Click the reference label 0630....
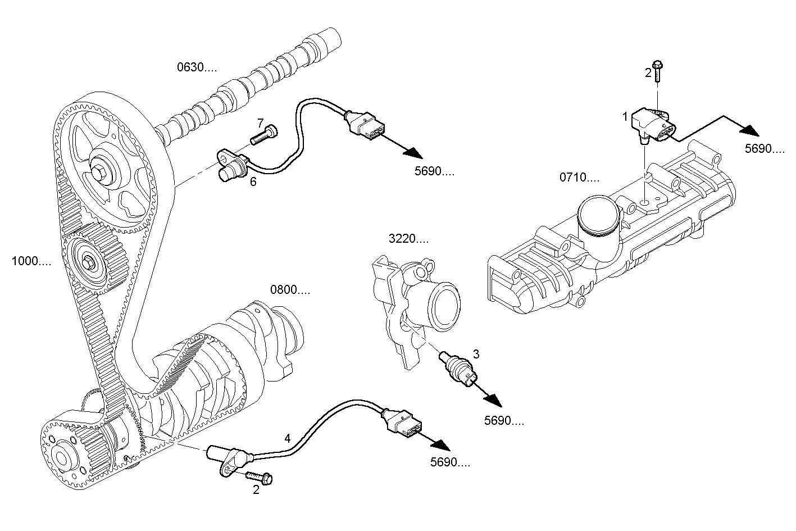tap(197, 68)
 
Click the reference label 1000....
tap(32, 261)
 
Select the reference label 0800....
tap(290, 291)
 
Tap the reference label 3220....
tap(408, 239)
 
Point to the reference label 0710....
tap(579, 178)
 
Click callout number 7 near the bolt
tap(260, 122)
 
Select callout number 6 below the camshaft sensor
tap(253, 181)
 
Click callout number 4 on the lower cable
tap(288, 438)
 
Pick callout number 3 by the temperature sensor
tap(476, 354)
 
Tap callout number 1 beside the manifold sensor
tap(625, 117)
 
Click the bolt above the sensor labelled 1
tap(658, 70)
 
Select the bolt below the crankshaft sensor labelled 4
tap(259, 478)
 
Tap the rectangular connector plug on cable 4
tap(403, 423)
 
